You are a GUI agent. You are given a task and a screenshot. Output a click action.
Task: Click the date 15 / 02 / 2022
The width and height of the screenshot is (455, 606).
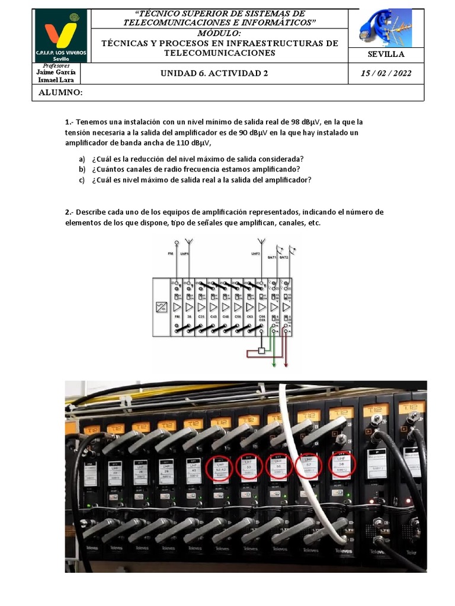(386, 73)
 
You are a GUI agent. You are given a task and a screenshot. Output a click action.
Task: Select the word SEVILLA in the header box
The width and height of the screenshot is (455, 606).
(386, 54)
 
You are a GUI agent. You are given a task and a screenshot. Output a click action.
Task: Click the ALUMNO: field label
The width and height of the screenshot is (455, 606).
(60, 93)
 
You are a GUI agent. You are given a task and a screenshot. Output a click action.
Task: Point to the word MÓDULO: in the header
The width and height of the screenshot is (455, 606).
(219, 33)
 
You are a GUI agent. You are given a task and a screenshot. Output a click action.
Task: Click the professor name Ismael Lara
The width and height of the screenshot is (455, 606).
(56, 79)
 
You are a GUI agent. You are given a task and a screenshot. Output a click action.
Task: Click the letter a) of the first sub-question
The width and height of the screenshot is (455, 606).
(82, 159)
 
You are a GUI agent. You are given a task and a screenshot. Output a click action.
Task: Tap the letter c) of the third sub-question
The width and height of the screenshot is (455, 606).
(82, 180)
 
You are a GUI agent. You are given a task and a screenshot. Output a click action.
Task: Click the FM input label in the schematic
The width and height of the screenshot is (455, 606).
(171, 253)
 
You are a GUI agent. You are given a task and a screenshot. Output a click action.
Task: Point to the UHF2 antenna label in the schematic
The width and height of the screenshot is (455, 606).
(256, 253)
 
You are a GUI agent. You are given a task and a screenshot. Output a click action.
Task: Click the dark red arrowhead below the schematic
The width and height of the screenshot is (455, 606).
(286, 365)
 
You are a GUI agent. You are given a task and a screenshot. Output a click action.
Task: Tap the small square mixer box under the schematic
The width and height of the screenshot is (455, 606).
(261, 351)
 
